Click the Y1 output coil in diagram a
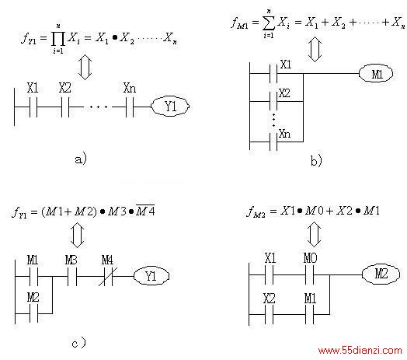[170, 107]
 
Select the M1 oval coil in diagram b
[376, 74]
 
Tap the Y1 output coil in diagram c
[151, 276]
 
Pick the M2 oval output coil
[381, 274]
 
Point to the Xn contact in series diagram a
[130, 107]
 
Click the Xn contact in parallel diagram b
[273, 142]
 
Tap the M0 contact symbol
[310, 274]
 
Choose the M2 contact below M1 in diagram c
[33, 313]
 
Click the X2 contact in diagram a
[65, 107]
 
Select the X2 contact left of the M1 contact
[270, 314]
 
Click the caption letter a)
[81, 159]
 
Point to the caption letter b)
[316, 160]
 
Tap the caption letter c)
[78, 343]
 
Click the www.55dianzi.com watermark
[360, 351]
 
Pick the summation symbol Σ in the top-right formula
[269, 23]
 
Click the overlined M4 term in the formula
[145, 211]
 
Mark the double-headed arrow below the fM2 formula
[314, 235]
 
